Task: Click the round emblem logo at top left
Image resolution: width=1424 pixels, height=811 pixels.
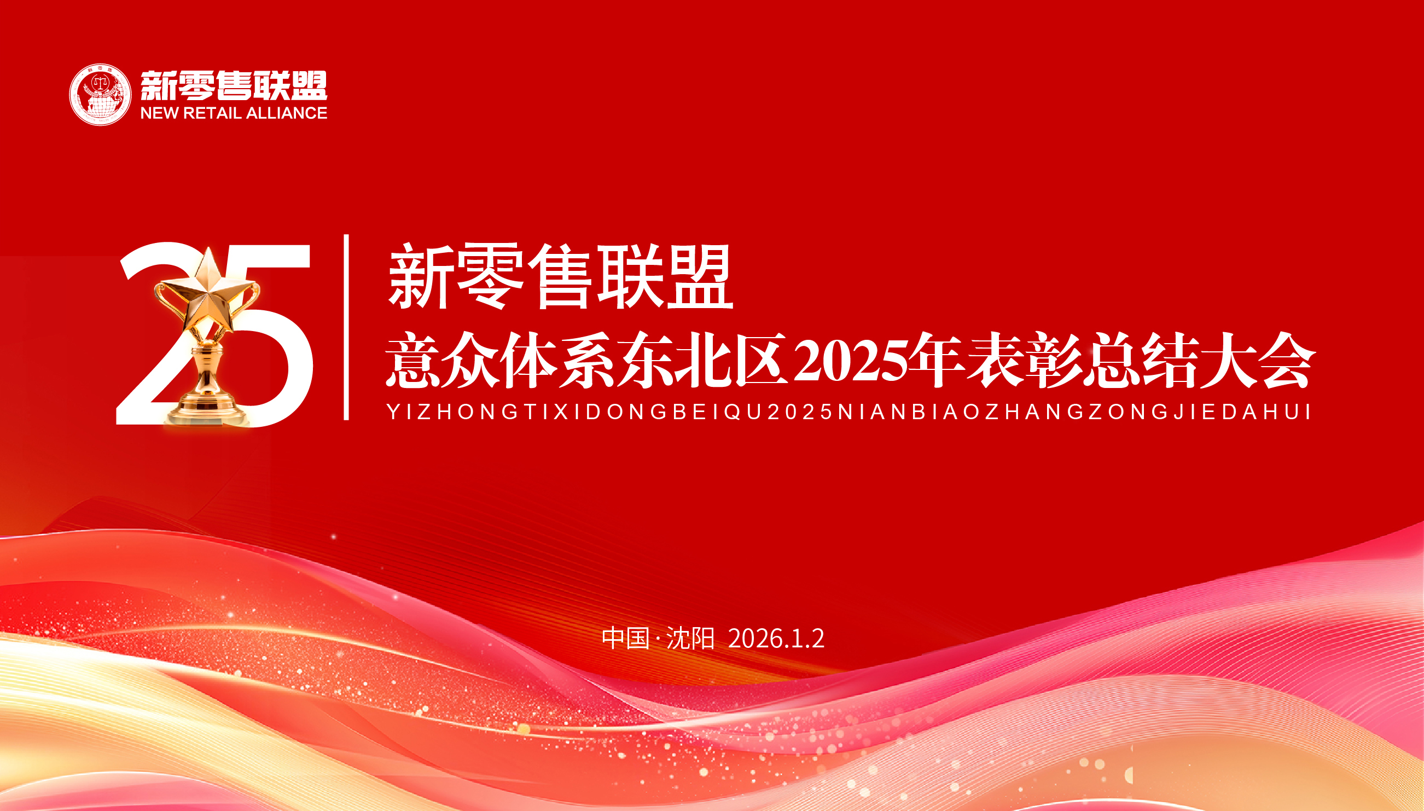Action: click(x=100, y=94)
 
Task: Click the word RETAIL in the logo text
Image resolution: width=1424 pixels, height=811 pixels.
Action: click(x=212, y=113)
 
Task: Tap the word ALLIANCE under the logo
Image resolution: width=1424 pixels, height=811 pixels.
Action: click(x=287, y=113)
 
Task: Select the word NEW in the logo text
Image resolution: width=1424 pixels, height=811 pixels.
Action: click(x=159, y=113)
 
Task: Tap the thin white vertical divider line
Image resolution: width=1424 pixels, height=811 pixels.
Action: click(x=346, y=327)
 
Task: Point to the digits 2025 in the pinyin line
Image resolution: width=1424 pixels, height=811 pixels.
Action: click(x=800, y=412)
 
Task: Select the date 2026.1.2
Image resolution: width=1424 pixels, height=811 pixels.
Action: click(x=776, y=638)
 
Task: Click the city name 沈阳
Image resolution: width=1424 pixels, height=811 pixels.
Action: click(x=690, y=638)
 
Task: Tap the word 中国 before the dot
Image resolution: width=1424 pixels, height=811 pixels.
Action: click(x=626, y=638)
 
